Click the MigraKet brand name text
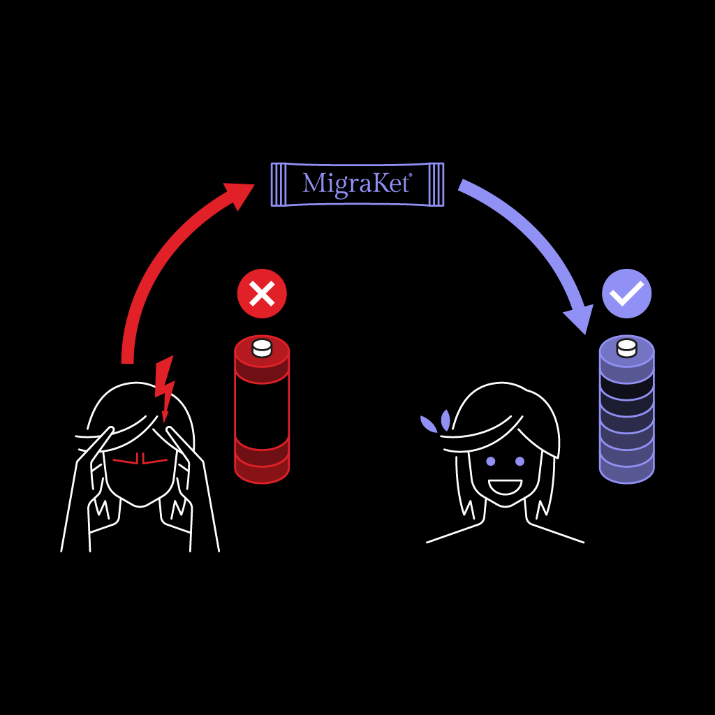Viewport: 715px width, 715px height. pos(356,184)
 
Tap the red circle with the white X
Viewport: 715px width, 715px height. pos(262,294)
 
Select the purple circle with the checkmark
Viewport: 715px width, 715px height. pos(626,293)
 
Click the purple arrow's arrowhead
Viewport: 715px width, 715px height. pos(579,318)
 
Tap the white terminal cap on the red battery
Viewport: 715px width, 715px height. pos(262,347)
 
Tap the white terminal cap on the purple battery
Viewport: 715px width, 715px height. pos(626,347)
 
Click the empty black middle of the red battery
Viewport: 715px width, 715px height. pos(262,412)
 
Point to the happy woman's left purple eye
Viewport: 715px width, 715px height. pos(490,461)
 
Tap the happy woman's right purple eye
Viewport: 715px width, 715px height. pos(519,461)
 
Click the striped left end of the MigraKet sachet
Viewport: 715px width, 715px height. pos(278,184)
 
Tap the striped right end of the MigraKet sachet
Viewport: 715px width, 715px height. pos(436,184)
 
